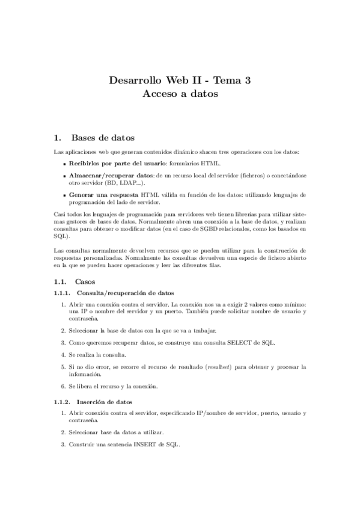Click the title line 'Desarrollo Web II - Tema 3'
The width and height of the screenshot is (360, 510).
180,80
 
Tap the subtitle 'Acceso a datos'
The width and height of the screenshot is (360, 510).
180,94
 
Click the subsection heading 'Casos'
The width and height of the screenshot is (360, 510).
85,281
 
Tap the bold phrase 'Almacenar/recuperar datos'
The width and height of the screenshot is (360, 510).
111,175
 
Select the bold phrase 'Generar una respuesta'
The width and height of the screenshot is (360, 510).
103,195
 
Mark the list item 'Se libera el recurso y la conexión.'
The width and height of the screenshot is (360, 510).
113,386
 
